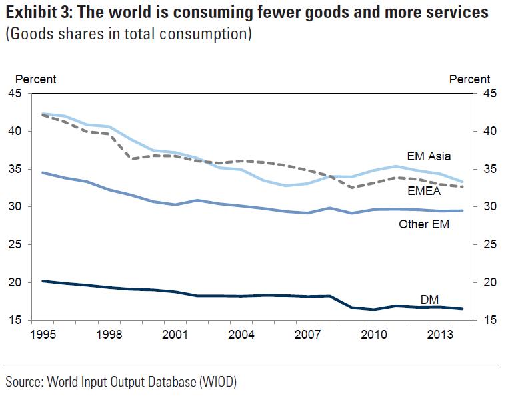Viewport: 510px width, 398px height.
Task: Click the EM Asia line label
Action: click(x=428, y=156)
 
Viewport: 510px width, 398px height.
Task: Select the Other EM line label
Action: click(x=424, y=224)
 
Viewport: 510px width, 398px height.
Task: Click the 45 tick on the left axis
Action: click(x=14, y=94)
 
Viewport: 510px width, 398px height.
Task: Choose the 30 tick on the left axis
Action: click(x=14, y=207)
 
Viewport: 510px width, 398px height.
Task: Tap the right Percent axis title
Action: click(x=469, y=79)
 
